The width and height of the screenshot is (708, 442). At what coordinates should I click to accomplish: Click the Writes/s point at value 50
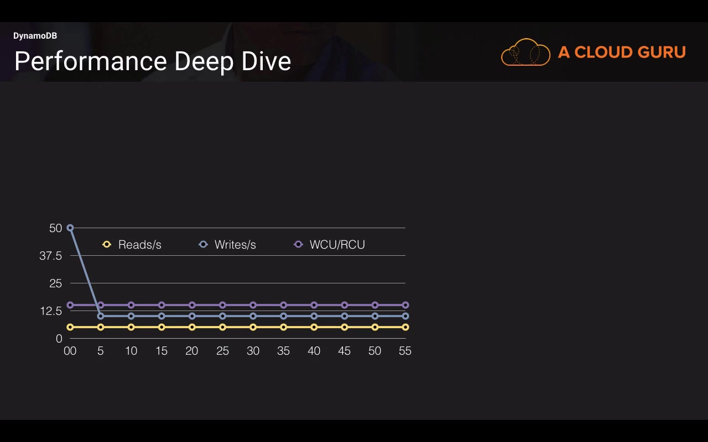click(70, 228)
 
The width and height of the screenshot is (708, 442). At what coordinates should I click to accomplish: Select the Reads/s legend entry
click(132, 245)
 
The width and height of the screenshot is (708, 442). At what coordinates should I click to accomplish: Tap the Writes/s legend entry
click(228, 245)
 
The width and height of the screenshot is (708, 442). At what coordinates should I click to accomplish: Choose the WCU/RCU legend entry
click(330, 245)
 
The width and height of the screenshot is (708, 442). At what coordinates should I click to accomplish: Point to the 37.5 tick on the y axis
click(50, 256)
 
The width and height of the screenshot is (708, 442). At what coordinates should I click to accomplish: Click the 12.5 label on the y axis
click(50, 311)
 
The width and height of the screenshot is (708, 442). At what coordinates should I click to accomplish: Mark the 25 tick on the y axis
click(55, 283)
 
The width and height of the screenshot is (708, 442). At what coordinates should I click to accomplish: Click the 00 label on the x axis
click(70, 351)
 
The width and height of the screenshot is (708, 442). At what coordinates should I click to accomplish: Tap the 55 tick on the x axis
click(405, 351)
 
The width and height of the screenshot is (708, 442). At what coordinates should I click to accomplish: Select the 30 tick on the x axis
click(253, 351)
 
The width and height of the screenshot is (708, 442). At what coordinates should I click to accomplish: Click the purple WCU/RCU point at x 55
click(405, 305)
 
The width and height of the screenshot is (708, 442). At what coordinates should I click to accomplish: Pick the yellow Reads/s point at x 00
click(70, 327)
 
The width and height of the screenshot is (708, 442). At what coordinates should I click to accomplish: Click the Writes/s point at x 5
click(101, 316)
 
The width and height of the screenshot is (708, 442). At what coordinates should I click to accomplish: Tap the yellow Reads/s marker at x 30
click(253, 327)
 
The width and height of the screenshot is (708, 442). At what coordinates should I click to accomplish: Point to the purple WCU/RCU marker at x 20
click(192, 305)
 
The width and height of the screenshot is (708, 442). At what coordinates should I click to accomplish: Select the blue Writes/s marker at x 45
click(344, 316)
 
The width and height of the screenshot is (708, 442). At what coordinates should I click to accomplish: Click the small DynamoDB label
click(35, 36)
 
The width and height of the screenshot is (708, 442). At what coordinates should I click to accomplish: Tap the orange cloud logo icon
click(525, 52)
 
